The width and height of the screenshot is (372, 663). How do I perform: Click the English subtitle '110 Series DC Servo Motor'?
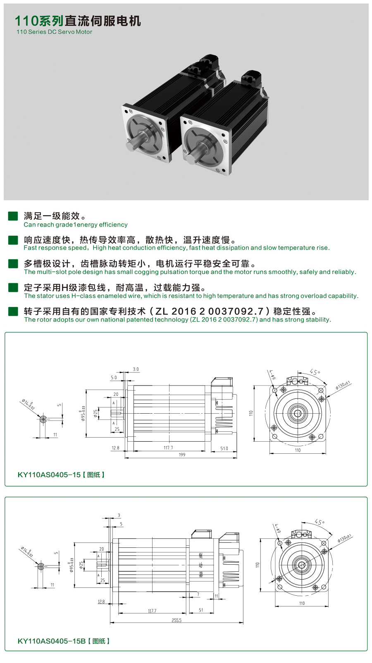[x=54, y=32]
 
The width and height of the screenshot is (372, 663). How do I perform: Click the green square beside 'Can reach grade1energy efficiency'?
[x=13, y=216]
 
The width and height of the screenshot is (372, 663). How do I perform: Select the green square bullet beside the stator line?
[x=13, y=287]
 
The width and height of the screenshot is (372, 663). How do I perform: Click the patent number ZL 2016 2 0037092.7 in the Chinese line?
[x=209, y=311]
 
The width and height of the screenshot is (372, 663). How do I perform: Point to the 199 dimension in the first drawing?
[x=182, y=455]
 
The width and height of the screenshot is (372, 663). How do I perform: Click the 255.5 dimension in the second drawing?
[x=176, y=620]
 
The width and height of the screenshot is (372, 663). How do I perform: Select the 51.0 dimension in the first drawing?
[x=224, y=448]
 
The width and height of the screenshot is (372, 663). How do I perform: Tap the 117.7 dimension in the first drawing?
[x=168, y=448]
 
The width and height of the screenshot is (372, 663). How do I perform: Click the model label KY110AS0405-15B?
[x=52, y=641]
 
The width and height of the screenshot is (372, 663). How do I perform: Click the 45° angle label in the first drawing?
[x=315, y=372]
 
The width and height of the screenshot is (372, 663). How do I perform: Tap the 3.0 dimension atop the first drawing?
[x=136, y=369]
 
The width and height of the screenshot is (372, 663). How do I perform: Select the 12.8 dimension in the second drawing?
[x=101, y=602]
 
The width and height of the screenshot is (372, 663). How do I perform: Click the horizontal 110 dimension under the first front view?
[x=298, y=450]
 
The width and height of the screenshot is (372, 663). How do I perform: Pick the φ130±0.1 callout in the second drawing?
[x=344, y=538]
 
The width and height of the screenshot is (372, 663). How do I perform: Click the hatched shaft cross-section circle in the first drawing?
[x=43, y=419]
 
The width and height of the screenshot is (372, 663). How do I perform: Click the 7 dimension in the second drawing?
[x=198, y=594]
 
